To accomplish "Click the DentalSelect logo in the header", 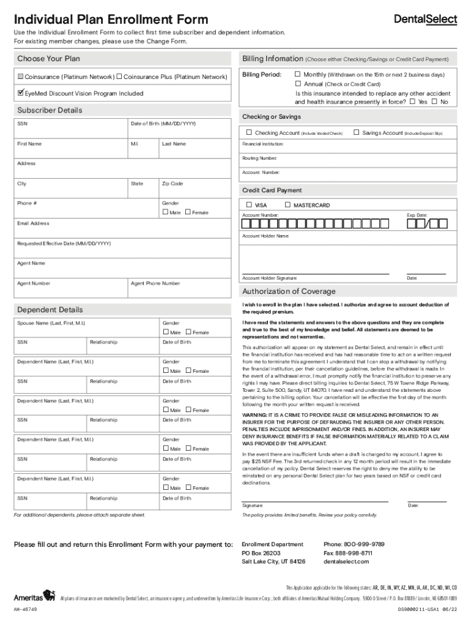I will tap(425, 20).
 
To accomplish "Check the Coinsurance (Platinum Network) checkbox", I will tap(20, 77).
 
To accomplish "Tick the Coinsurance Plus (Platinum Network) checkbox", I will tap(120, 77).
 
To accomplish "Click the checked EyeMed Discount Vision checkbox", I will tap(20, 93).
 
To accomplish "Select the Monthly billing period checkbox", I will tap(298, 75).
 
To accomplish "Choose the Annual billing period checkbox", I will tap(298, 84).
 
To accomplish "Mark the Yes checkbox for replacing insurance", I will tap(412, 102).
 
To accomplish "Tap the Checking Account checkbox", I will tap(249, 132).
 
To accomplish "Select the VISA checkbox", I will tap(249, 205).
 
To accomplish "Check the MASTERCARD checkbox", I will tap(288, 205).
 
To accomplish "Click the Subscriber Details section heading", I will tap(50, 110).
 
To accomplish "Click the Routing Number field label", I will tap(259, 158).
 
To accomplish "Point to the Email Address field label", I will tap(33, 223).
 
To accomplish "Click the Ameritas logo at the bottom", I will tap(34, 596).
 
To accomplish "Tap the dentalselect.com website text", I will tap(346, 561).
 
